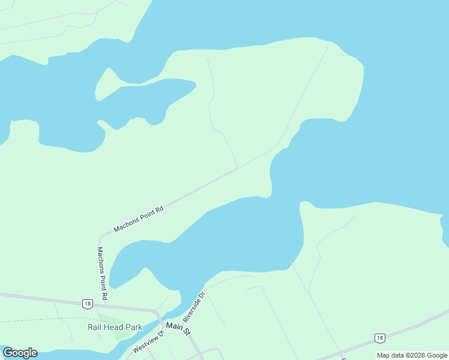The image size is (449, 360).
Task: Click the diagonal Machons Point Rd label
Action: coord(139,218)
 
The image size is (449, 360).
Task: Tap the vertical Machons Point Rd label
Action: coord(103,273)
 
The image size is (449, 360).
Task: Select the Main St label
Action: coord(178,328)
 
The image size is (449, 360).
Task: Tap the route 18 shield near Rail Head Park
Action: coord(88,304)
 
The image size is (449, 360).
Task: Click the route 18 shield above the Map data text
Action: coord(379,338)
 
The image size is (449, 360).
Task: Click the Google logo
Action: coord(20,353)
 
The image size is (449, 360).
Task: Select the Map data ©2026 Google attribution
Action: coord(412,355)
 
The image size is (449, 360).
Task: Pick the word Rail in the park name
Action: coord(96,327)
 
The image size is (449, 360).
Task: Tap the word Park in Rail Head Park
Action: coord(134,327)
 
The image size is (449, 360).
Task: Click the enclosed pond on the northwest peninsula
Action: coord(144,99)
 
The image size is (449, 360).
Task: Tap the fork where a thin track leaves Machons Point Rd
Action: coord(238,169)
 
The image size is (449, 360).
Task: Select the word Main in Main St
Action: coord(173,326)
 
